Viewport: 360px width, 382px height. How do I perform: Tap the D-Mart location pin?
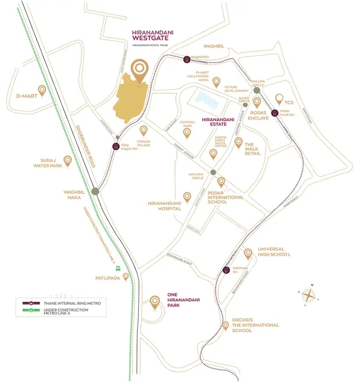[x=42, y=90]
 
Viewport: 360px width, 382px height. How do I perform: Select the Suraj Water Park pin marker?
[x=67, y=161]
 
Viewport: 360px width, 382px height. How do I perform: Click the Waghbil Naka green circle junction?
[x=95, y=191]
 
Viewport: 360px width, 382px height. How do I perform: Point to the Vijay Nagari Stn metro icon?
[x=115, y=147]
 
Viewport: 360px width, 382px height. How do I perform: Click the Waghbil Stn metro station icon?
[x=186, y=59]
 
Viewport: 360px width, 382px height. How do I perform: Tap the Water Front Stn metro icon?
[x=275, y=113]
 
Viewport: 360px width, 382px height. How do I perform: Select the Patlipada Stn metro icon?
[x=226, y=270]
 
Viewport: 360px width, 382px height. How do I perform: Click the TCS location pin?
[x=279, y=99]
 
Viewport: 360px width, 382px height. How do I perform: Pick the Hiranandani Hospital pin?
[x=187, y=197]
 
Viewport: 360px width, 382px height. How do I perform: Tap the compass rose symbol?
[x=309, y=295]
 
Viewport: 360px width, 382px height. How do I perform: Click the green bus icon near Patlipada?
[x=118, y=268]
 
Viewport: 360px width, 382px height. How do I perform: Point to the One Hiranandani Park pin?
[x=155, y=303]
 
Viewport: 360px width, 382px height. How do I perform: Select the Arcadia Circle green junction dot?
[x=213, y=172]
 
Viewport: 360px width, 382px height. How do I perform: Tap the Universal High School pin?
[x=248, y=253]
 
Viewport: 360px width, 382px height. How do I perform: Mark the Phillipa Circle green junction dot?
[x=256, y=90]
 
